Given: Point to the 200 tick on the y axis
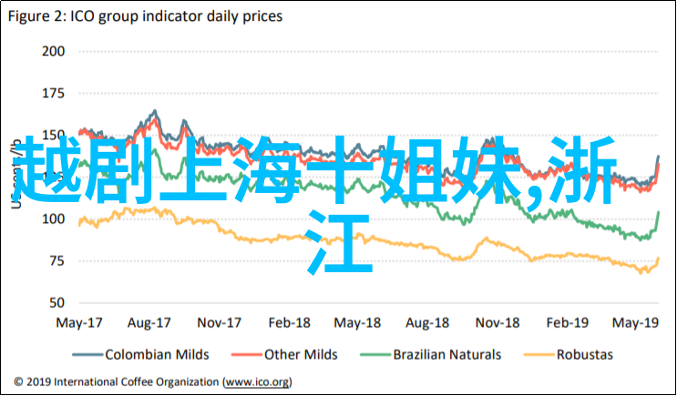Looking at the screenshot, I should [54, 51].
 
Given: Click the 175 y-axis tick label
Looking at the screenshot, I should [54, 93].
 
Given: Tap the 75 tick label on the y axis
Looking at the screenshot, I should [58, 261].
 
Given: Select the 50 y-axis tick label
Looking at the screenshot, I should [58, 303].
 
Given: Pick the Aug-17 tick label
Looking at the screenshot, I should [150, 323].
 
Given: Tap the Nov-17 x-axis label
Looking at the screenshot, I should [219, 323].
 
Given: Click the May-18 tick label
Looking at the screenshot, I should [358, 323].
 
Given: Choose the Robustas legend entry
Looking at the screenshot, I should [584, 355].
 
